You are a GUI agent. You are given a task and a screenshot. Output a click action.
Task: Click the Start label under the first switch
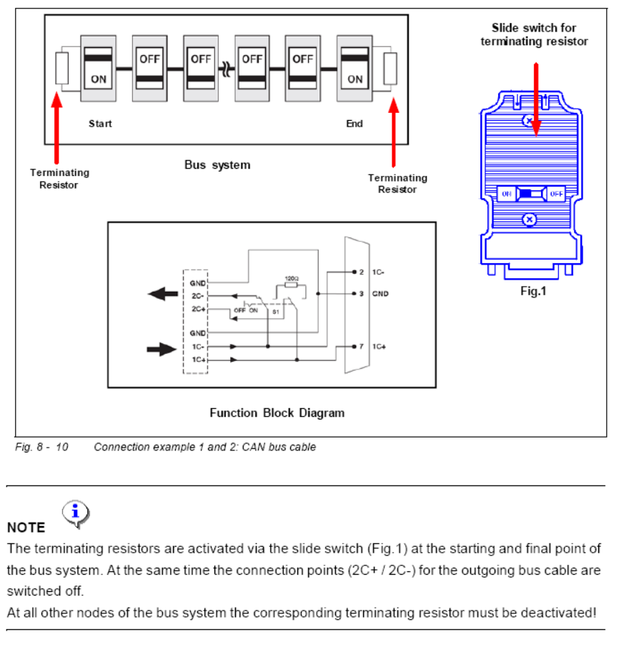100,124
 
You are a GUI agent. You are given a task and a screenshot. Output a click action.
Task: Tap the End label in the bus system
355,124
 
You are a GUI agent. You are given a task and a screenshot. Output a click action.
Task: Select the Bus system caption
217,165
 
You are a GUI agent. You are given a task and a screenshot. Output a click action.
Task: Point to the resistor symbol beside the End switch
390,69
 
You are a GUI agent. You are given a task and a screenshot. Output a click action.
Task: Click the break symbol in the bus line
227,69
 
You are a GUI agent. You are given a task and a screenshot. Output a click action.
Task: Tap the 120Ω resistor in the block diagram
291,284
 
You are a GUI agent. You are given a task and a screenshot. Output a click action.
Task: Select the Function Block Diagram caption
277,413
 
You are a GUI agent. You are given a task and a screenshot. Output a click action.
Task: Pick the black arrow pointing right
162,350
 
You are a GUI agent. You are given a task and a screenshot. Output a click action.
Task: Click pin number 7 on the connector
362,346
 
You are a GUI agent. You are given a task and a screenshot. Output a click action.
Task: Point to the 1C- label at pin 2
379,272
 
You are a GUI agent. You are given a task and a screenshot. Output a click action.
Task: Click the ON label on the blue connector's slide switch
506,194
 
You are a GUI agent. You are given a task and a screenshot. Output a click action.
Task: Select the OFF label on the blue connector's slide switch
556,194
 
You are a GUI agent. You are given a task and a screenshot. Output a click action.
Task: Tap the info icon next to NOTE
76,513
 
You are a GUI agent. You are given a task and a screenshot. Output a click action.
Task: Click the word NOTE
26,528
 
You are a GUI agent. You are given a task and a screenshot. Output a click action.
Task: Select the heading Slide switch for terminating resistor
534,34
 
